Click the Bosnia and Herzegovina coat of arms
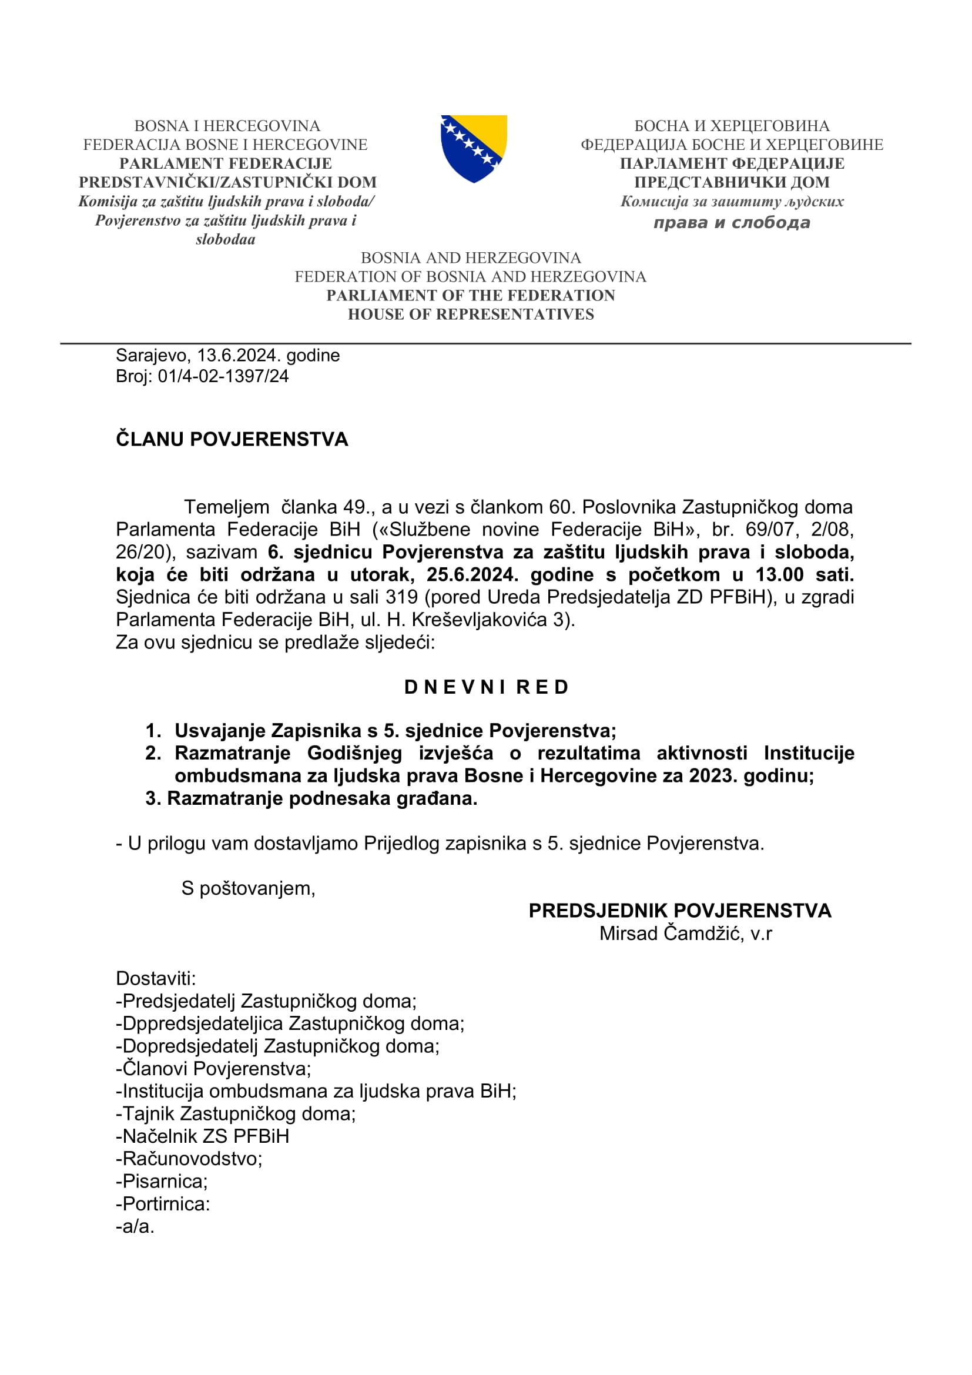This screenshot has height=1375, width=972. tap(474, 148)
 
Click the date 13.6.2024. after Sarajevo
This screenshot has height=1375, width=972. tap(239, 356)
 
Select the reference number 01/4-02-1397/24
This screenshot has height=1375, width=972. tap(223, 376)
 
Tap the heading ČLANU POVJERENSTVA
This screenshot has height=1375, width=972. tap(232, 440)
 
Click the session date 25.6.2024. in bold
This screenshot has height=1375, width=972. tap(472, 575)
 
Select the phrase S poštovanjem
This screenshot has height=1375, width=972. tap(248, 888)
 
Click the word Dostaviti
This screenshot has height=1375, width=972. tap(156, 979)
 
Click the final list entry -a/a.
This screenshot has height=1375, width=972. tap(135, 1226)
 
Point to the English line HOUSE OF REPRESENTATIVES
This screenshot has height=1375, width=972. tap(471, 315)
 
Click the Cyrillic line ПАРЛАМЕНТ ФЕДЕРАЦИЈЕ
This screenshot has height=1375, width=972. tap(732, 163)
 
